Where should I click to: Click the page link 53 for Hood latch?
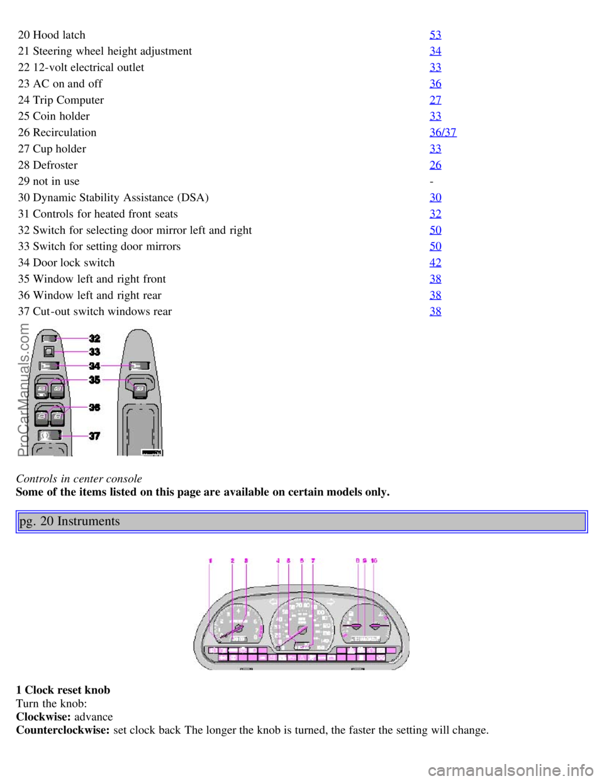point(435,35)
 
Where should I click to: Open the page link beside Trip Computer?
point(435,100)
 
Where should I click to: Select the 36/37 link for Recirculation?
point(443,133)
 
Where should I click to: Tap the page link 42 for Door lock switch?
point(435,263)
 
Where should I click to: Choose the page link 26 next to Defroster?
point(435,165)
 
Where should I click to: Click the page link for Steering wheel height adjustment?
point(435,51)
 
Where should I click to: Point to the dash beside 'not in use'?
point(432,182)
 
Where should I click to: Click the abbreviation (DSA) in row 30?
point(192,198)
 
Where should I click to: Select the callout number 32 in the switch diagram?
point(94,338)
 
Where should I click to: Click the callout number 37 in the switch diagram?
point(94,436)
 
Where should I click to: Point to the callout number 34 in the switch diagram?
point(94,366)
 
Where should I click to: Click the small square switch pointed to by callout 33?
point(48,352)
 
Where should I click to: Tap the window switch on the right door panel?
point(140,390)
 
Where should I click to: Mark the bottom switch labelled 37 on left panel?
point(49,435)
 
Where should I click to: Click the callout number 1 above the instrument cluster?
point(211,560)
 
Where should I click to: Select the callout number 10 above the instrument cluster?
point(374,560)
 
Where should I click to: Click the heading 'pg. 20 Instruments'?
point(70,521)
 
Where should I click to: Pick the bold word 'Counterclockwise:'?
point(63,731)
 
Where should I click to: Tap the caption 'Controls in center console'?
point(79,479)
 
